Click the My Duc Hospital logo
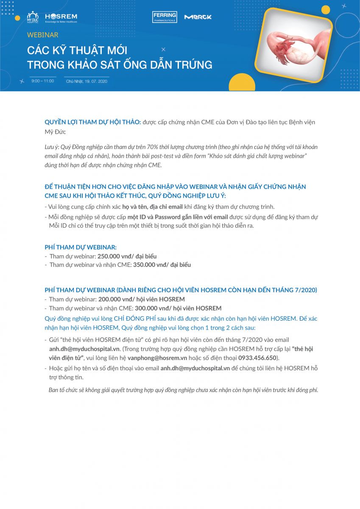(33, 17)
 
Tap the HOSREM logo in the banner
(61, 17)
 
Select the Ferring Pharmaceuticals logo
(165, 17)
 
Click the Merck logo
(198, 17)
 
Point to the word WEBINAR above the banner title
(42, 35)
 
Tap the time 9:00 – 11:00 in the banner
(42, 81)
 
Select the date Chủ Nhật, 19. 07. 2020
(87, 81)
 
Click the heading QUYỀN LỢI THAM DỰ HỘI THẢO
(92, 122)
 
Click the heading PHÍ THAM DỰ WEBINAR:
(81, 247)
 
